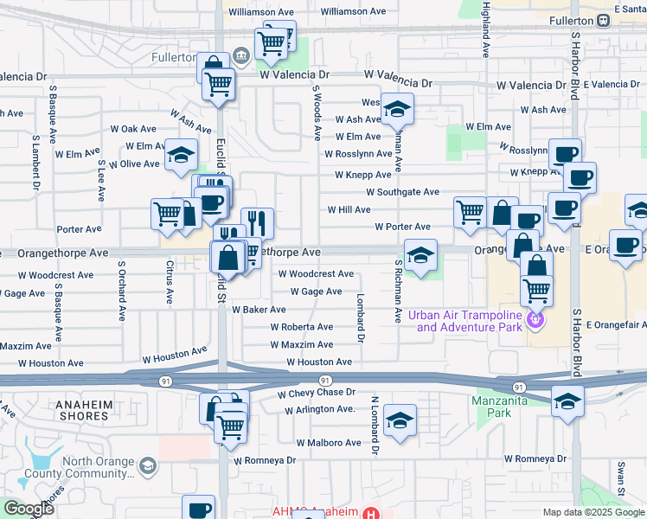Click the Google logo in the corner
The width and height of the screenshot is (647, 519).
[28, 509]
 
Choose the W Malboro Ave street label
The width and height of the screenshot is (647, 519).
[328, 442]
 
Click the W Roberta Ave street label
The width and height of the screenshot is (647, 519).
[301, 327]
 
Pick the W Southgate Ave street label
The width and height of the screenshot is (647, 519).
[402, 192]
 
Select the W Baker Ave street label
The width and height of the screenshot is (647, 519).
[259, 309]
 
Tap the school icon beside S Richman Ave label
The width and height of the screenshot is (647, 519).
[420, 256]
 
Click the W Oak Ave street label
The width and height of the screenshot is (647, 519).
[132, 129]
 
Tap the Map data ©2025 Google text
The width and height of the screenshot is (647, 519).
[593, 512]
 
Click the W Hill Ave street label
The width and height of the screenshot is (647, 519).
[349, 209]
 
